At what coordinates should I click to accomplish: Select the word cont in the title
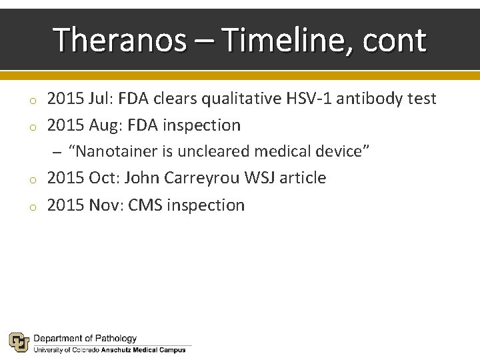(x=395, y=40)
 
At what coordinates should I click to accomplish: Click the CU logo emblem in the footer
(x=18, y=342)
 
